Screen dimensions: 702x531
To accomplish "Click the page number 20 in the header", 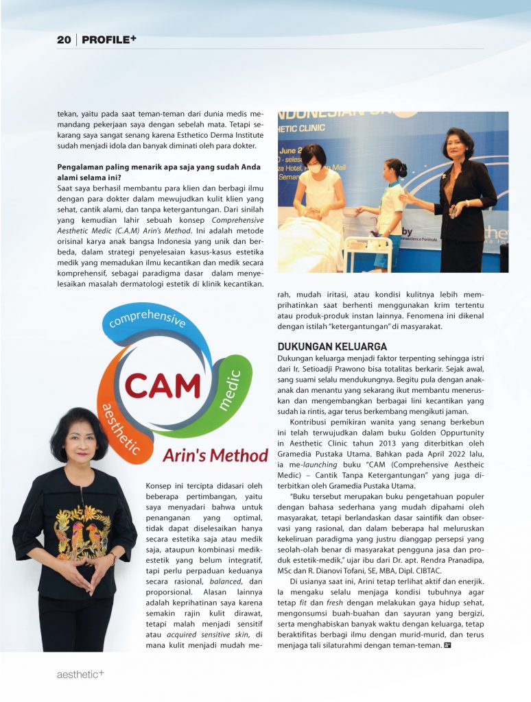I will (64, 40).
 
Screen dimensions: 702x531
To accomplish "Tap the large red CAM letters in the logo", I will (162, 386).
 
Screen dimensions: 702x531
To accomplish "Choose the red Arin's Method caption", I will (215, 456).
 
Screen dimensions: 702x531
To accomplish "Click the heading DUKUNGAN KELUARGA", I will (332, 347).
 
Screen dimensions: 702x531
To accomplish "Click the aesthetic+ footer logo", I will (80, 675).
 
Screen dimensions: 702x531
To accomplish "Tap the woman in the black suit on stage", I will (462, 199).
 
